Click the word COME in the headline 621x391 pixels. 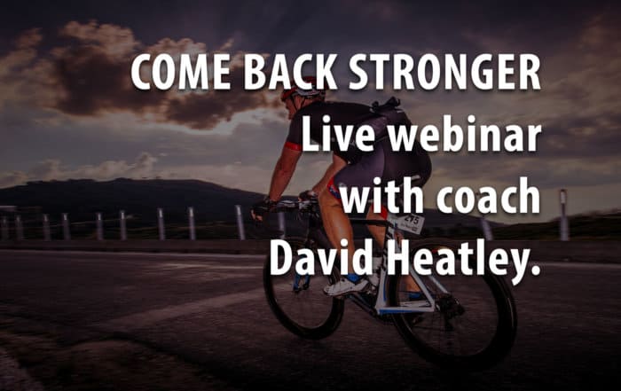point(181,72)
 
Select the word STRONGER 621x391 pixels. point(444,72)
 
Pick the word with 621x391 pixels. point(382,194)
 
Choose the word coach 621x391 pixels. point(489,194)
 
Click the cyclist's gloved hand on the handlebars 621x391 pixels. point(262,207)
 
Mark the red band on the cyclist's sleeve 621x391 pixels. point(294,146)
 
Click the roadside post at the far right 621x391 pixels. point(563,215)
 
